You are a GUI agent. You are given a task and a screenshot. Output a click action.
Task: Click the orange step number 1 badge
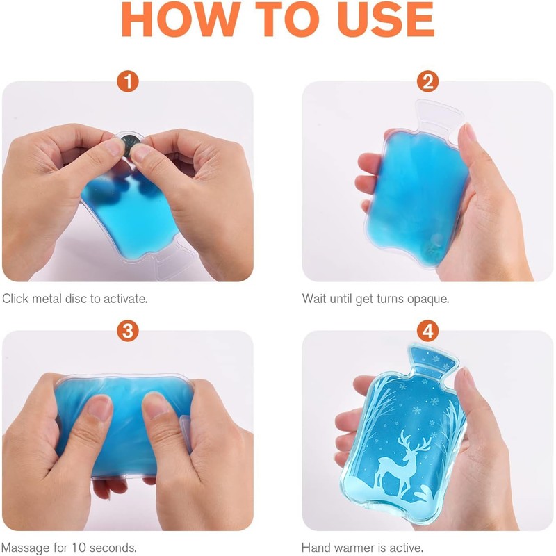click(x=128, y=81)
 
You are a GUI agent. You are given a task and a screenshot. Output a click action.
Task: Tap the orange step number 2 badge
click(x=427, y=81)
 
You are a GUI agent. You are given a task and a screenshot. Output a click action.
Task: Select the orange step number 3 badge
click(x=128, y=332)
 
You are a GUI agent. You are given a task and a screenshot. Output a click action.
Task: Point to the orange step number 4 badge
click(x=427, y=332)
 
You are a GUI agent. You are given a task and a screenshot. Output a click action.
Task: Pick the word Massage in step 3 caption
click(x=26, y=548)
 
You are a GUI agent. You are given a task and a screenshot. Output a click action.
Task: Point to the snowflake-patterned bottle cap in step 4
click(x=433, y=360)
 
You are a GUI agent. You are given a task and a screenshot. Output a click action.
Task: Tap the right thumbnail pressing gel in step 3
click(x=155, y=404)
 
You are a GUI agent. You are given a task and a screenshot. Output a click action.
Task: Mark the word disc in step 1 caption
click(x=76, y=299)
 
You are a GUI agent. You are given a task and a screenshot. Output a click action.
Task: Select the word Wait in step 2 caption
click(x=314, y=299)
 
